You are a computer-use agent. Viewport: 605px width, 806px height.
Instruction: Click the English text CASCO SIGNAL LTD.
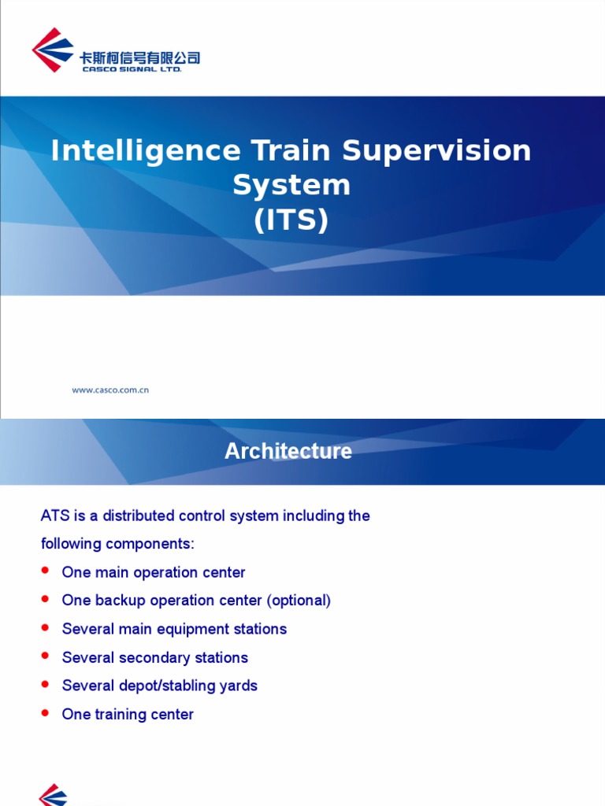click(x=132, y=69)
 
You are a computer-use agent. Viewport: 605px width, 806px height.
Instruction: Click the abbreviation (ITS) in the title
click(x=291, y=220)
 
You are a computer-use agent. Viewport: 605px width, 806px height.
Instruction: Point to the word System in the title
click(x=291, y=186)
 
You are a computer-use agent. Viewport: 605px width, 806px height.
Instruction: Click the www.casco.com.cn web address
click(x=110, y=390)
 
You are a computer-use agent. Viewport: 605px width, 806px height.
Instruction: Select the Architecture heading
click(x=288, y=451)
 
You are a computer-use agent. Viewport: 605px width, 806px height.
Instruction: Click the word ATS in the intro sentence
click(x=55, y=516)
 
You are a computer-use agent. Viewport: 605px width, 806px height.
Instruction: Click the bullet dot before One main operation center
click(x=45, y=570)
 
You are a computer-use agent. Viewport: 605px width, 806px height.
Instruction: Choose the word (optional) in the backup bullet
click(x=299, y=601)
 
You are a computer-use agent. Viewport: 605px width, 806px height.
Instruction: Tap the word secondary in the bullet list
click(x=158, y=657)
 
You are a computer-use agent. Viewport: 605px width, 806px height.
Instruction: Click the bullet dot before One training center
click(x=45, y=712)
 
